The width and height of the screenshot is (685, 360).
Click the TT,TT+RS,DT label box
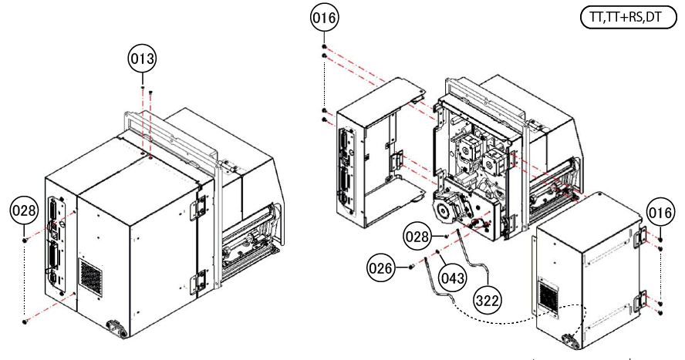(x=626, y=19)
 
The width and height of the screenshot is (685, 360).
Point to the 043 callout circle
(x=453, y=274)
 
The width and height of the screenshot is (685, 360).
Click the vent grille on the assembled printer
(x=91, y=276)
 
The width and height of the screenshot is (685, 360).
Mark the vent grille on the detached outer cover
(x=551, y=297)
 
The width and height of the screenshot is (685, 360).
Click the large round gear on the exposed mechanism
(x=446, y=209)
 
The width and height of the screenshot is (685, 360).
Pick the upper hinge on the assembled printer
(x=200, y=204)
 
